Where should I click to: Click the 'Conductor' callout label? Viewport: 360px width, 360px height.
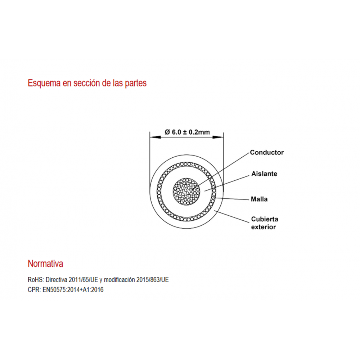[266, 152]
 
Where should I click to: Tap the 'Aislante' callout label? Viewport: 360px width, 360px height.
[264, 174]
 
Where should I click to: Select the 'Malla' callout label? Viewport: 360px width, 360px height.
[259, 199]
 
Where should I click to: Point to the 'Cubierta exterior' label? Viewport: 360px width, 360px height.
[265, 223]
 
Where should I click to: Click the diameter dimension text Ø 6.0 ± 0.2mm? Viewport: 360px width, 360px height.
[187, 132]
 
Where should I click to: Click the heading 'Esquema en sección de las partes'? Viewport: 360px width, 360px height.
[87, 83]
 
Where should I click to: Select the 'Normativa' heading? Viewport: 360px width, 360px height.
[45, 264]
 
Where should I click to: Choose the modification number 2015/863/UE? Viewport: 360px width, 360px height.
[152, 280]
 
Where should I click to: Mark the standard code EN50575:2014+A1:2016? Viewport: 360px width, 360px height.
[73, 290]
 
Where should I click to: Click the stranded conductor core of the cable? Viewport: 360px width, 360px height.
[186, 192]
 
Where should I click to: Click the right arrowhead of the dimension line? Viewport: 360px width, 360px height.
[218, 137]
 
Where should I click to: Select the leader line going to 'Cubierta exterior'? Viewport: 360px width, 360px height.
[231, 216]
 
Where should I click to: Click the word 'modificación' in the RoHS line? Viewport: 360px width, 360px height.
[120, 280]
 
